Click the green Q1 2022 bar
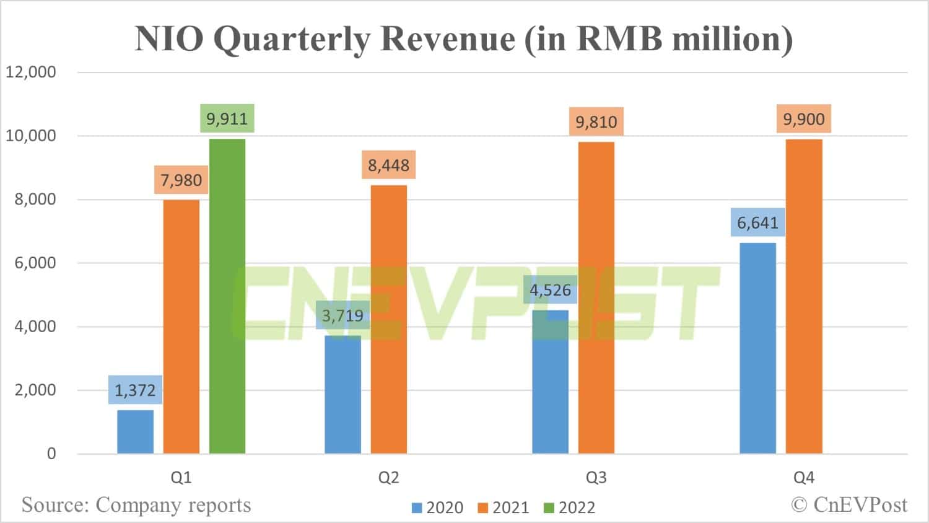point(227,296)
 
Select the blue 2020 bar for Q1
point(135,432)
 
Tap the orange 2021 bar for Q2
point(389,319)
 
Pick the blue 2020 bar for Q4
point(757,348)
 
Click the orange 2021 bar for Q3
point(596,297)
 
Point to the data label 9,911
point(227,118)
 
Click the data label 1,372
point(135,390)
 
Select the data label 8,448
point(388,165)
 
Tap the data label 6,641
point(757,222)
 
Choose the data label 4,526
point(550,290)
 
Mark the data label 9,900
point(804,119)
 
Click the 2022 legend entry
point(569,508)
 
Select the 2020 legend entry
point(437,508)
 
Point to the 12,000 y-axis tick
point(31,72)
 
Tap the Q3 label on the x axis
point(596,478)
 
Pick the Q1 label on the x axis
point(181,478)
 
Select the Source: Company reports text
point(136,505)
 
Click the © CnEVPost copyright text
point(849,505)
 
